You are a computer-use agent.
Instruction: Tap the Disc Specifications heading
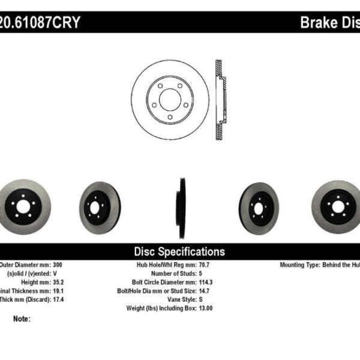179,251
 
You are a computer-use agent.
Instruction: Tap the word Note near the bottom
20,319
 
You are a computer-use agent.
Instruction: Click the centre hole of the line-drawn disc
170,100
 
